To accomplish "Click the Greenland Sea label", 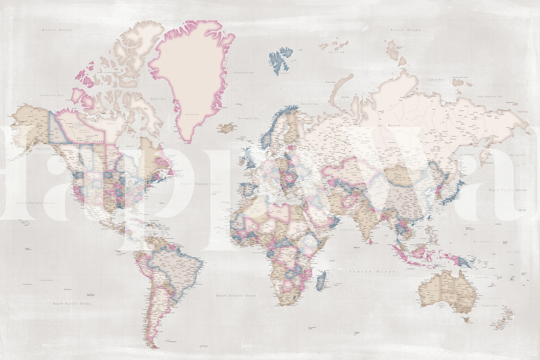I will (x=243, y=73).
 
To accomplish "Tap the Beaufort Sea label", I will (x=52, y=95).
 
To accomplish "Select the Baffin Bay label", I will (x=158, y=99).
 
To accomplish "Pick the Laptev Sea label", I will (x=435, y=80).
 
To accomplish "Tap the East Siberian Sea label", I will (x=490, y=96).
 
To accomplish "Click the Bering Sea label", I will (x=517, y=155).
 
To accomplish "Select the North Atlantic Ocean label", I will (x=201, y=184).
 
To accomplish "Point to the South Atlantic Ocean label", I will (x=236, y=296).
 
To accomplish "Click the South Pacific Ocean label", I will (x=72, y=304).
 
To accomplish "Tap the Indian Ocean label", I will (x=372, y=272).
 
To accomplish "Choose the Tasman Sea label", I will (x=490, y=306).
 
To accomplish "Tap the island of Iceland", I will (x=226, y=128).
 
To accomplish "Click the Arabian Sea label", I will (x=347, y=230).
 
